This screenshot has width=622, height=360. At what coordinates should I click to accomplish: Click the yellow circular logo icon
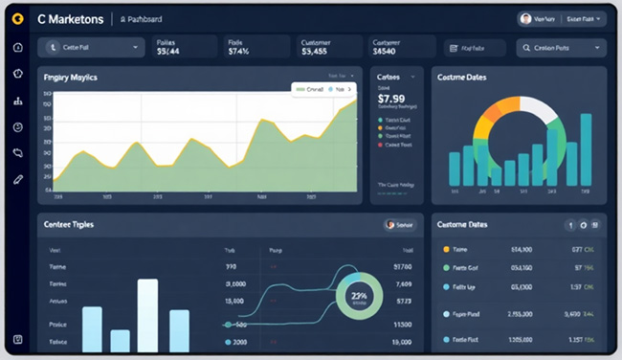click(x=18, y=18)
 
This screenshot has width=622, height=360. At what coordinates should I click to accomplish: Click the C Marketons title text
click(x=71, y=18)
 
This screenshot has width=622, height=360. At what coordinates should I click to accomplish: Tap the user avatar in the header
click(x=525, y=18)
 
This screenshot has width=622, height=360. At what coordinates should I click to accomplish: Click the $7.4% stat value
click(x=238, y=53)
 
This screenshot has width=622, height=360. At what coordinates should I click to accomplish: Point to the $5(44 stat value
click(x=167, y=53)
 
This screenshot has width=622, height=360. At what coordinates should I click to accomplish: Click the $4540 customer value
click(x=390, y=53)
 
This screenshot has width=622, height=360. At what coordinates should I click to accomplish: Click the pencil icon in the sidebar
click(x=18, y=179)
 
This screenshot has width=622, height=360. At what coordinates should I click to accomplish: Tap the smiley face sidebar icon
click(x=18, y=126)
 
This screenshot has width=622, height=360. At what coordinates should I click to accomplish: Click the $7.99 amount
click(x=391, y=98)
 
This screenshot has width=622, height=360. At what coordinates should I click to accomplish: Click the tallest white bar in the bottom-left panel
click(x=148, y=315)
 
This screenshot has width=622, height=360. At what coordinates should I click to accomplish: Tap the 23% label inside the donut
click(x=360, y=297)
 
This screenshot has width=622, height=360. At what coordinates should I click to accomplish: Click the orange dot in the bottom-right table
click(x=446, y=249)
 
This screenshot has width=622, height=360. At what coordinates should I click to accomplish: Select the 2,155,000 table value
click(x=521, y=313)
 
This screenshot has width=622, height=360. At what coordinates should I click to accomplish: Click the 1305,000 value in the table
click(x=521, y=339)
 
